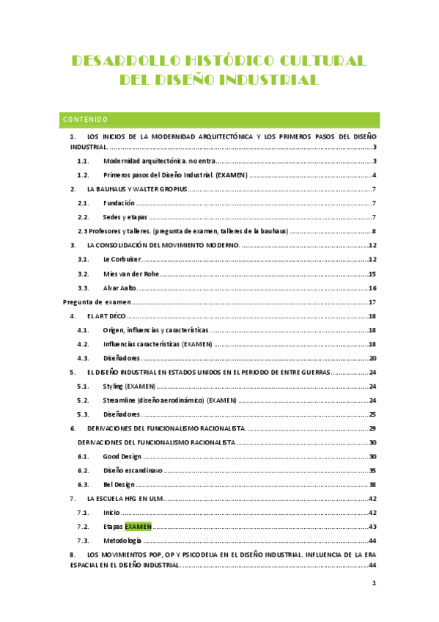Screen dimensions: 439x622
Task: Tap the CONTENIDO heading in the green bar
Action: pos(86,120)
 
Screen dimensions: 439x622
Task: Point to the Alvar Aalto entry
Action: pos(120,288)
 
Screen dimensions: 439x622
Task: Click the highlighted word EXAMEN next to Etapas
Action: pos(138,527)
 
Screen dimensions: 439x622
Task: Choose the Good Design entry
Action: pos(122,456)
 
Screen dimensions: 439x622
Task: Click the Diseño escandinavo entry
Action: pos(133,470)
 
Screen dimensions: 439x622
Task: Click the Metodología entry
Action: pos(123,541)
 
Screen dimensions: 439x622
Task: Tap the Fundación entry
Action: pos(119,202)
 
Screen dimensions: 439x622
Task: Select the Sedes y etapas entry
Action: pos(125,217)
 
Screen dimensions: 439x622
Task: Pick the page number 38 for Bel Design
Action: pos(372,484)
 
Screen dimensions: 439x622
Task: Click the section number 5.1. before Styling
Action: pos(84,386)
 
